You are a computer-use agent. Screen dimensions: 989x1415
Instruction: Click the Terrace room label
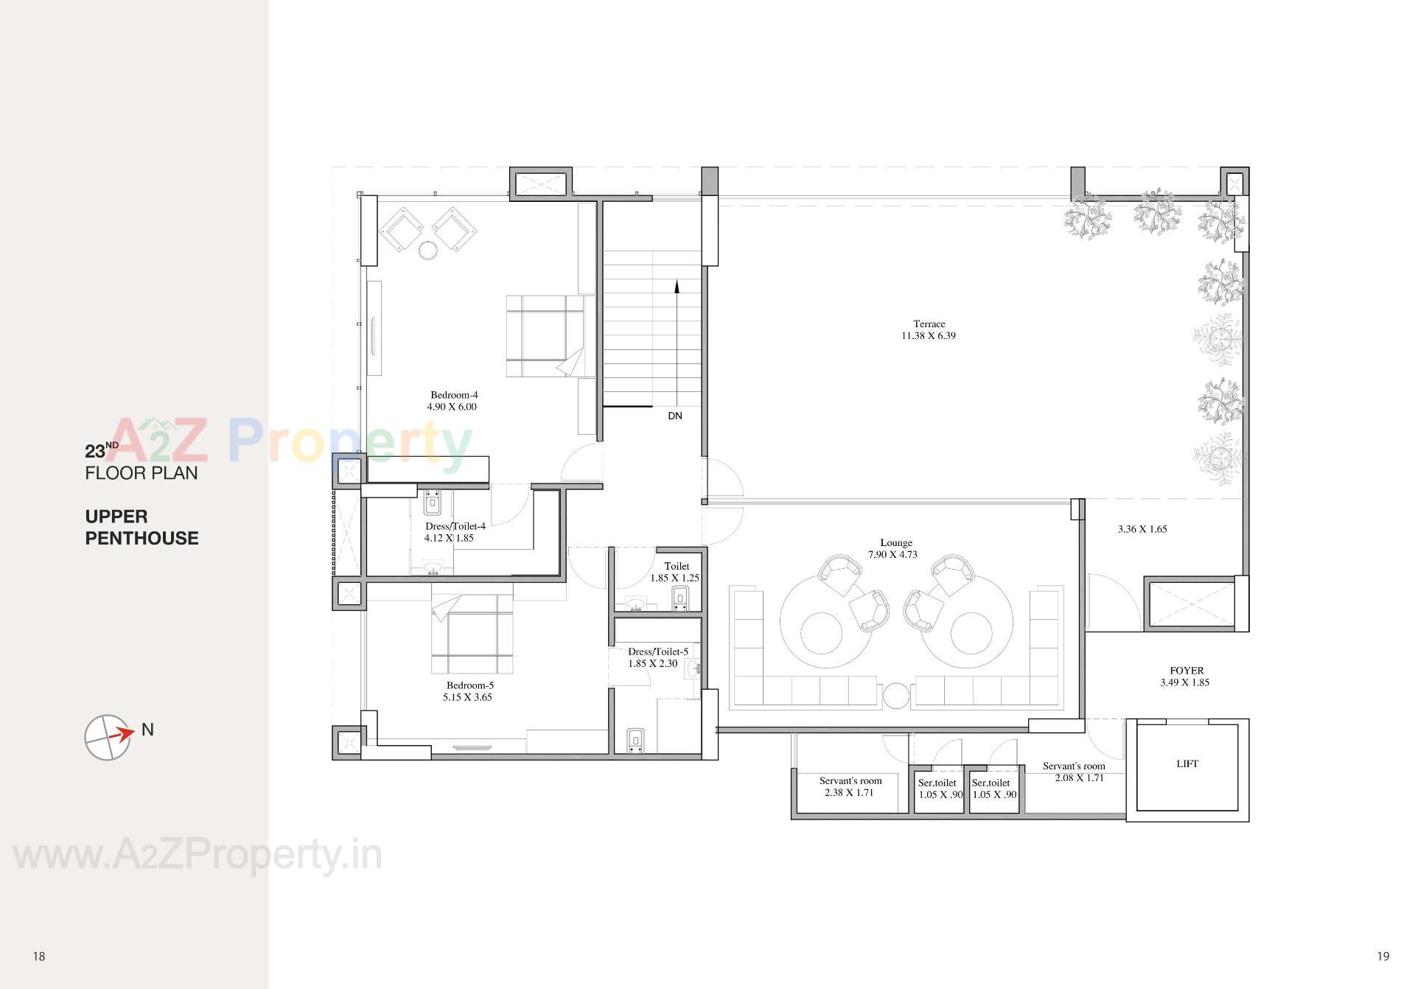[x=929, y=324]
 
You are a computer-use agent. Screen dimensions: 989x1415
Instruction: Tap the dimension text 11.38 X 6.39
[x=929, y=336]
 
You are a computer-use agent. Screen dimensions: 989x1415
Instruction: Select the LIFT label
[x=1187, y=764]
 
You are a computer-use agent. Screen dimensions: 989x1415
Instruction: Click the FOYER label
[x=1187, y=671]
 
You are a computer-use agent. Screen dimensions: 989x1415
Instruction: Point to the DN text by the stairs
[x=675, y=416]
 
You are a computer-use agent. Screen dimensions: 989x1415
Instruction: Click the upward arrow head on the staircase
[x=677, y=285]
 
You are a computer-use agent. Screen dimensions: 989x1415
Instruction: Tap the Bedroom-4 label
[x=454, y=395]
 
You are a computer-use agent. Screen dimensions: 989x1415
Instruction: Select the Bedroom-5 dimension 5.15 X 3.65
[x=467, y=697]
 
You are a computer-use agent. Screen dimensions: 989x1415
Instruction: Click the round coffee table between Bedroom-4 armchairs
[x=428, y=251]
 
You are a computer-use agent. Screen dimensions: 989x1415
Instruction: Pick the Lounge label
[x=896, y=542]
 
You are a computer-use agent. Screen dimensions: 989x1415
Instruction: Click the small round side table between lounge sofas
[x=897, y=696]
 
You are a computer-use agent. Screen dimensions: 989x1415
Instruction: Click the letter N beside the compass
[x=147, y=730]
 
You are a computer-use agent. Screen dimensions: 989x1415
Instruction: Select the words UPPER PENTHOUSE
[x=141, y=528]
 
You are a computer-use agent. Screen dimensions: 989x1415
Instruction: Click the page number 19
[x=1383, y=957]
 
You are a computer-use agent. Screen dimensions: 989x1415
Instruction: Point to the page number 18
[x=39, y=957]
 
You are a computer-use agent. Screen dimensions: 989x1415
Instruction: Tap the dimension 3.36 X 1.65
[x=1142, y=529]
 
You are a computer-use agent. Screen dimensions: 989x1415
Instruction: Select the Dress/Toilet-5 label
[x=658, y=651]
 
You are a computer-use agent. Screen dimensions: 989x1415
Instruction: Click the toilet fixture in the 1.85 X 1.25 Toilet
[x=680, y=599]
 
